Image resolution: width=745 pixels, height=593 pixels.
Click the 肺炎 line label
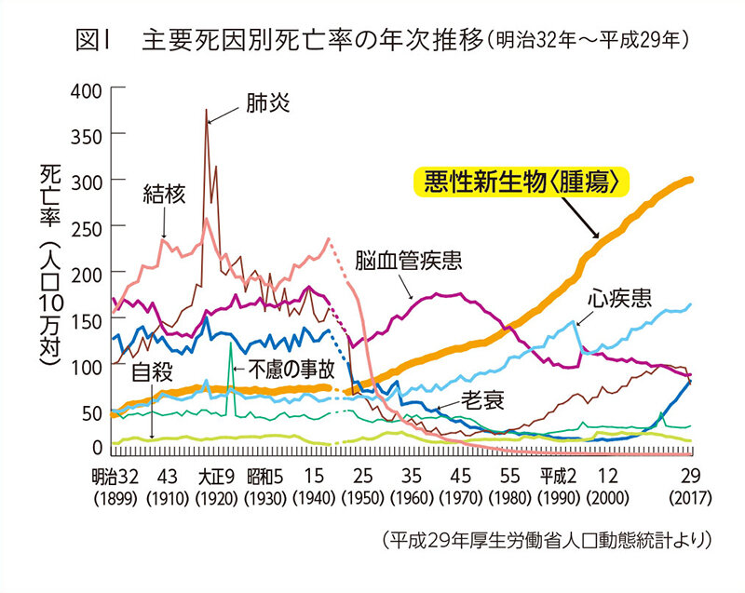(268, 102)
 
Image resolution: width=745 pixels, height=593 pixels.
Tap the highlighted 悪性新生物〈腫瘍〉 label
(521, 182)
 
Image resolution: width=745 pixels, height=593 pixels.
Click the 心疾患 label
(619, 299)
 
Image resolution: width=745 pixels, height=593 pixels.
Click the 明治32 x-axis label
(116, 473)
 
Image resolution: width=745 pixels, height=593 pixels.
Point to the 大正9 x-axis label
(215, 473)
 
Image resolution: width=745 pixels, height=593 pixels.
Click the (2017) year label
(690, 493)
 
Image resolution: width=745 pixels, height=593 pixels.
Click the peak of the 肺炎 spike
(206, 110)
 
